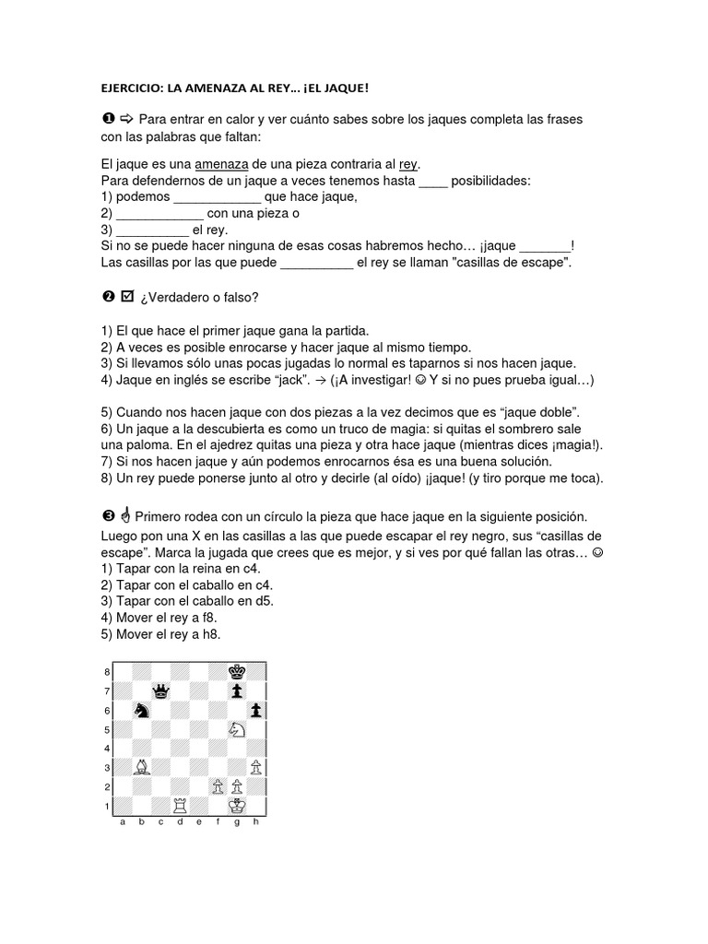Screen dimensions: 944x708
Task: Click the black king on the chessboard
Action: pyautogui.click(x=237, y=671)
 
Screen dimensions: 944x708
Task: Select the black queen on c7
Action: pyautogui.click(x=160, y=690)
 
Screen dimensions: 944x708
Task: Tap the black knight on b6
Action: pyautogui.click(x=141, y=710)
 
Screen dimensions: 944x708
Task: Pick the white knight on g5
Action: pyautogui.click(x=237, y=728)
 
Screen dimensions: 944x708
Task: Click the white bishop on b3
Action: pyautogui.click(x=141, y=766)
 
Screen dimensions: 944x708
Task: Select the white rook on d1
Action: pyautogui.click(x=180, y=805)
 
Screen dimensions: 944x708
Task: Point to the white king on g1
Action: pyautogui.click(x=237, y=805)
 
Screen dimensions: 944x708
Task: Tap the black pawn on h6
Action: pyautogui.click(x=256, y=710)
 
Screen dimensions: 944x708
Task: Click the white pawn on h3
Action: pyautogui.click(x=256, y=766)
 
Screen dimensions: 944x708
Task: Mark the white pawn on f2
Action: pyautogui.click(x=218, y=785)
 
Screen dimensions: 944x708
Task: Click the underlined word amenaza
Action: pyautogui.click(x=222, y=163)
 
